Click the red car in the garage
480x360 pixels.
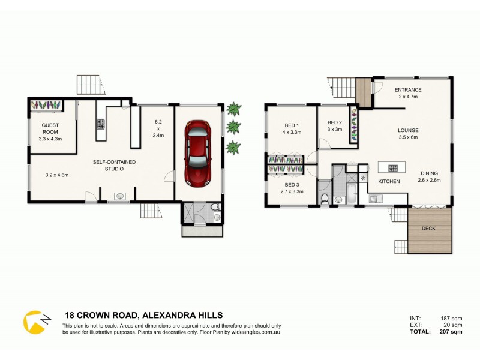point(198,153)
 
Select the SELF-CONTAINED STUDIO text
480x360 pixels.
point(114,166)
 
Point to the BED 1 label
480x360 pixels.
point(292,126)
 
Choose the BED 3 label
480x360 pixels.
point(292,184)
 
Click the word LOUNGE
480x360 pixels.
point(407,130)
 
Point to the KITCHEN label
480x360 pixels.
point(388,181)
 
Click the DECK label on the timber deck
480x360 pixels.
point(428,229)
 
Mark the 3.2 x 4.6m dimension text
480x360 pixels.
point(58,175)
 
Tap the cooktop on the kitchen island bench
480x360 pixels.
point(394,168)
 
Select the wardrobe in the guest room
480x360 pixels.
point(47,105)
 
